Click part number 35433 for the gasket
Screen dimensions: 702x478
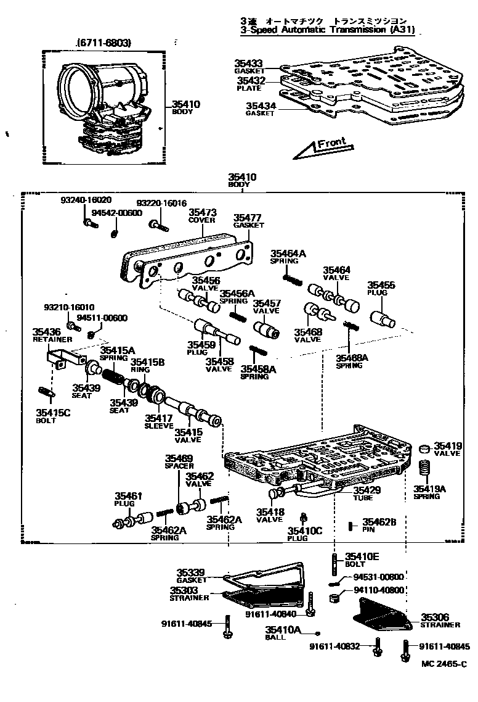(x=249, y=63)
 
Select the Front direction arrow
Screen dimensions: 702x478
(x=321, y=147)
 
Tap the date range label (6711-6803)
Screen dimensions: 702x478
(x=105, y=43)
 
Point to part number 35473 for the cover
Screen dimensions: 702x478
(x=201, y=212)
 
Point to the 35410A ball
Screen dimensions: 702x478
(x=318, y=634)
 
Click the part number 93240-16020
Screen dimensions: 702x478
(x=86, y=200)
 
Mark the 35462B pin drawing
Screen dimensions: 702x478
(x=350, y=526)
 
